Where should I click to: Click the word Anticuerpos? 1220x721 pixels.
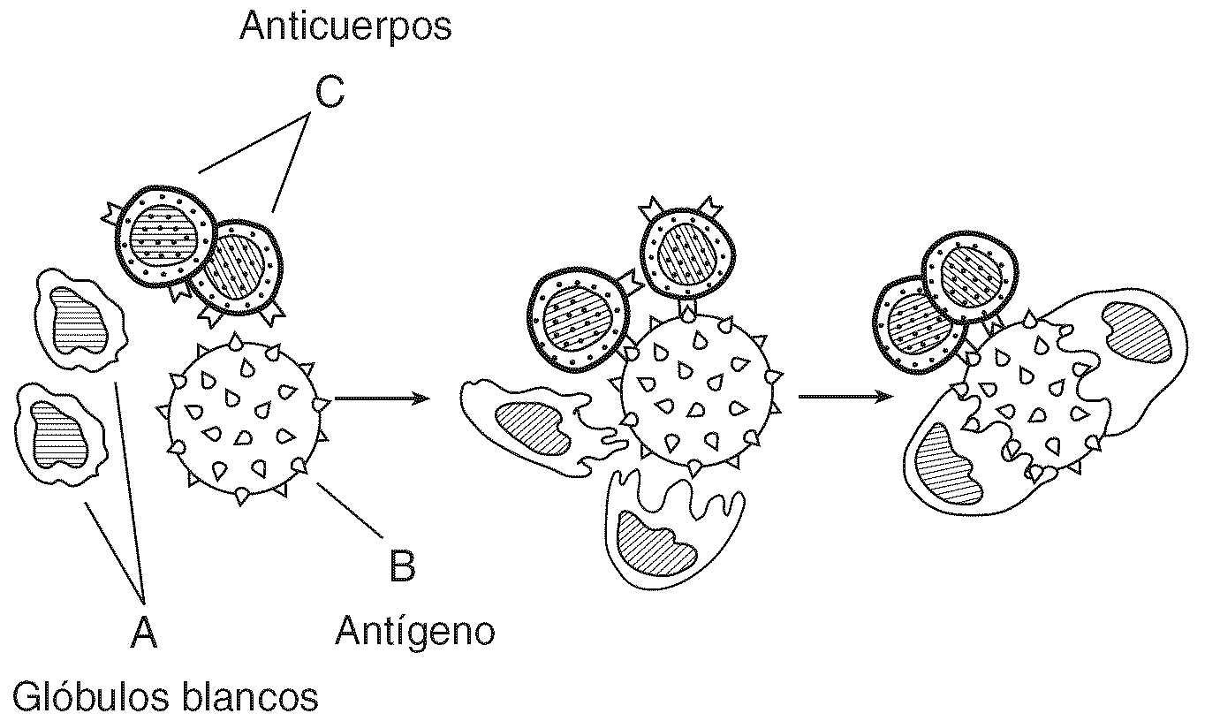pos(345,27)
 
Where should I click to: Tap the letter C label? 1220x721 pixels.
pos(329,92)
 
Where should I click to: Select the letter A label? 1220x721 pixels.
pos(143,633)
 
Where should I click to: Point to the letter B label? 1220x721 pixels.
pos(402,565)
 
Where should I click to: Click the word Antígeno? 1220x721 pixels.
pos(414,631)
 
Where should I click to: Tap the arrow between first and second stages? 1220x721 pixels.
pos(382,398)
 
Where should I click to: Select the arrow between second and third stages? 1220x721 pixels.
pos(844,397)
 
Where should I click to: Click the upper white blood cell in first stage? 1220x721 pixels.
pos(79,323)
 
